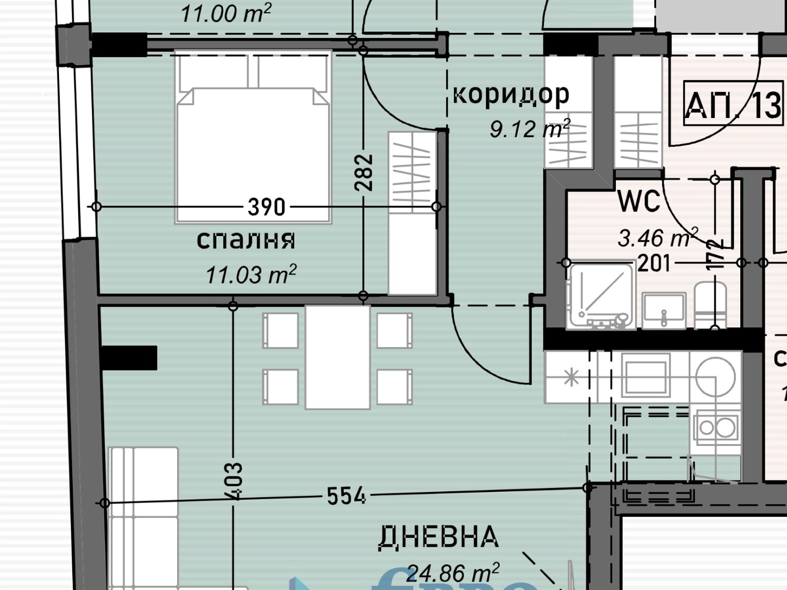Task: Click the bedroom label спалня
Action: pos(245,239)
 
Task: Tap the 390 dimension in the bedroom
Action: pos(266,207)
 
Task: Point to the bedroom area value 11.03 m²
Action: pos(251,274)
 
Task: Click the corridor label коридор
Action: pos(511,93)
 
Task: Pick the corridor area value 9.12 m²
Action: pos(529,129)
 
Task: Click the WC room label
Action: pos(638,202)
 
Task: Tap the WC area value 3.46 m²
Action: pos(657,238)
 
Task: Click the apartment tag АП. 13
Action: pos(733,105)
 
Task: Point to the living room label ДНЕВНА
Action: pos(438,536)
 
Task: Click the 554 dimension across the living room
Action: pos(346,496)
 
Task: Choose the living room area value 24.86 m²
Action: pos(453,572)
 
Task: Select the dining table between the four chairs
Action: pos(337,357)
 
